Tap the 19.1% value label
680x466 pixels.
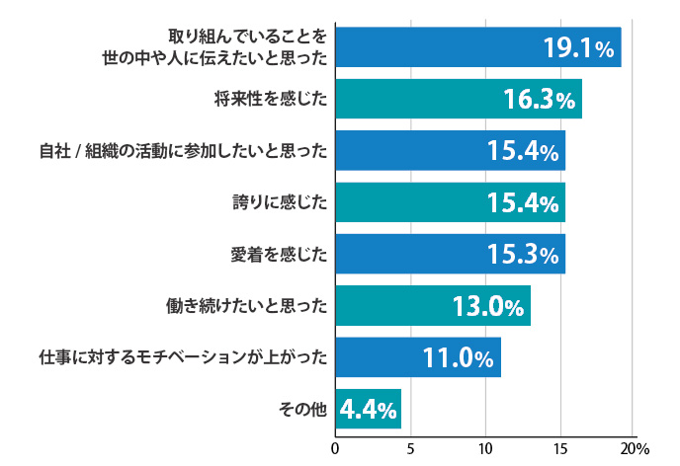pyautogui.click(x=579, y=47)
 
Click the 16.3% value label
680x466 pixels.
pyautogui.click(x=539, y=100)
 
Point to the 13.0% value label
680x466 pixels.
pyautogui.click(x=487, y=306)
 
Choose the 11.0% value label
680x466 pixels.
pyautogui.click(x=458, y=357)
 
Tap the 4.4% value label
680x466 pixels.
pyautogui.click(x=368, y=409)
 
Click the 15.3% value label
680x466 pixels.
pyautogui.click(x=524, y=255)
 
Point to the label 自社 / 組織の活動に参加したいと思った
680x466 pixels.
pyautogui.click(x=183, y=151)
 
